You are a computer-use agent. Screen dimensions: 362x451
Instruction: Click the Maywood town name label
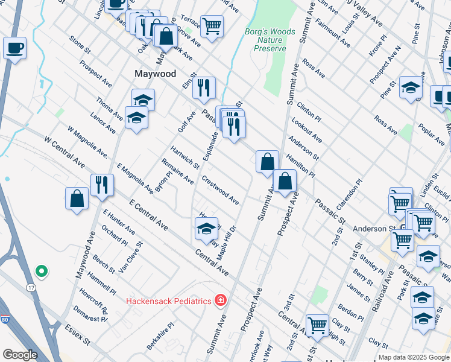click(x=155, y=74)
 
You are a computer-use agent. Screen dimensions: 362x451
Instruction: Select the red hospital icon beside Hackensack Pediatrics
click(x=221, y=300)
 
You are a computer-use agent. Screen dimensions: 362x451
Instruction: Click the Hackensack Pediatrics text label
click(x=169, y=300)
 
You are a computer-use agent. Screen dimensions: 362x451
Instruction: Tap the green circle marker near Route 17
click(x=41, y=271)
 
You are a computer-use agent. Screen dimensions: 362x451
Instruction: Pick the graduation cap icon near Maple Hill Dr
click(x=206, y=229)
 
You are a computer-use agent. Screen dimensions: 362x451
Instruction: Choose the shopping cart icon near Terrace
click(x=212, y=25)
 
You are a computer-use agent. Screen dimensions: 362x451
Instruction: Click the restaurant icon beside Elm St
click(x=204, y=87)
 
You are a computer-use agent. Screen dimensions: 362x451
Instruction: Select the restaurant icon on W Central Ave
click(x=102, y=184)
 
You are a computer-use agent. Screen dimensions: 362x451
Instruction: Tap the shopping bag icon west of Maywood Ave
click(x=77, y=198)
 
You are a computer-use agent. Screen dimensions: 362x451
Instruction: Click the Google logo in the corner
click(x=20, y=354)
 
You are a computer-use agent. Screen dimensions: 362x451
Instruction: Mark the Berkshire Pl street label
click(x=162, y=334)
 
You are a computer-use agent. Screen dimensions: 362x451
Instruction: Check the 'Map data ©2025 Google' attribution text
click(x=414, y=357)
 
